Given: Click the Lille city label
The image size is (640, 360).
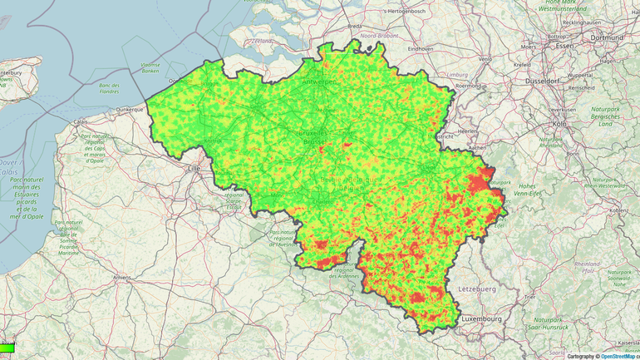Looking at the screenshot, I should (195, 168).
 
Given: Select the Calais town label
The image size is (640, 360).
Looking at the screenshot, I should (81, 122).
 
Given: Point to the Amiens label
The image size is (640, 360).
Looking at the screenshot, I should (123, 277).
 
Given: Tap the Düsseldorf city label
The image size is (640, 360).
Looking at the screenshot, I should (547, 81).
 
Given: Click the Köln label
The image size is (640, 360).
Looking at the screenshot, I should (559, 124).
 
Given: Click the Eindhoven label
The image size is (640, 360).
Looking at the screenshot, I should (420, 48).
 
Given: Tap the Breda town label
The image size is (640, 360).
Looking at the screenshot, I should (354, 26).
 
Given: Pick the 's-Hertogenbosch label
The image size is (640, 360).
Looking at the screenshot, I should (407, 11).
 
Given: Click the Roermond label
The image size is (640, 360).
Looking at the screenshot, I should (469, 85).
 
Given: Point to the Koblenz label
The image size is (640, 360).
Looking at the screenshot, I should (618, 210).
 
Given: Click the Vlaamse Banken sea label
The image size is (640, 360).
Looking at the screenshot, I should (150, 67).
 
